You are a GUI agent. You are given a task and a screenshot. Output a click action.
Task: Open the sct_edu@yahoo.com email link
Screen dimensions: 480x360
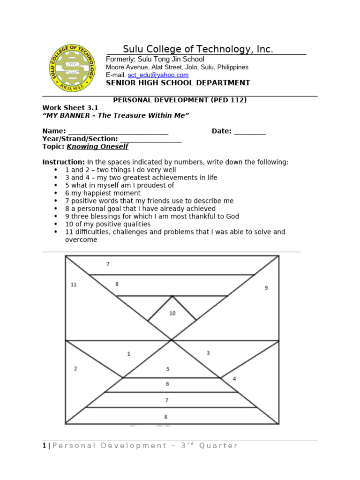point(158,75)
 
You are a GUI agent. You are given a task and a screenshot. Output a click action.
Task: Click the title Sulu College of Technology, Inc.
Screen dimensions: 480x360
point(198,50)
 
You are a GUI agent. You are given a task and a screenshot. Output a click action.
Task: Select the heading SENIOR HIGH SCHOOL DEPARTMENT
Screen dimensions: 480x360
point(178,83)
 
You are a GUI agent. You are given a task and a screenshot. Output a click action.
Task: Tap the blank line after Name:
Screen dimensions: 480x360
point(118,132)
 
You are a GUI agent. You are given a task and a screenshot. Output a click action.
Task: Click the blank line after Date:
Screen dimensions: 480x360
point(249,132)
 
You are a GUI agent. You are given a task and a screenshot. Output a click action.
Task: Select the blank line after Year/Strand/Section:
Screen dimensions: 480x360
point(150,139)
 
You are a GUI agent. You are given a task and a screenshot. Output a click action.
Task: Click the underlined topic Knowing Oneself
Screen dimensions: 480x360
point(97,147)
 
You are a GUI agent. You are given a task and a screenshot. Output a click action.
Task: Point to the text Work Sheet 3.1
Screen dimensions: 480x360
point(70,108)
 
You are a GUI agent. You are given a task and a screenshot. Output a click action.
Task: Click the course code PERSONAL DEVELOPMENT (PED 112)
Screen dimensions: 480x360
point(180,100)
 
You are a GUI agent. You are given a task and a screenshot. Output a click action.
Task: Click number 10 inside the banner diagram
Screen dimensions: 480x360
point(172,313)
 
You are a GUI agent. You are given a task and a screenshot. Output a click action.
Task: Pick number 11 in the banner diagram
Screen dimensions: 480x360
point(74,285)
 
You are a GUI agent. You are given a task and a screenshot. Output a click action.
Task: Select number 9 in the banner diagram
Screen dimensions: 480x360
point(266,288)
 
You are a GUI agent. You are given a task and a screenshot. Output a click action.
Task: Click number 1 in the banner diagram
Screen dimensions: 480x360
point(129,354)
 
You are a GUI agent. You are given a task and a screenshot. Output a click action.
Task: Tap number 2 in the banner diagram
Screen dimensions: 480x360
point(75,368)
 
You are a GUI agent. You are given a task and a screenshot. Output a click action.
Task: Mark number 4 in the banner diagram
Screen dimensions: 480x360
point(234,378)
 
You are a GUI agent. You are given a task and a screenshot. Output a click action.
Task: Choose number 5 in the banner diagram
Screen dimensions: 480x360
point(168,369)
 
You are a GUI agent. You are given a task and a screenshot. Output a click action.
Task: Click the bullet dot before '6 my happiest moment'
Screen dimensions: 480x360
point(56,193)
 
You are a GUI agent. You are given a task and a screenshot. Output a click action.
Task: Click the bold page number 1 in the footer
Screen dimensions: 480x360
point(44,446)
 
